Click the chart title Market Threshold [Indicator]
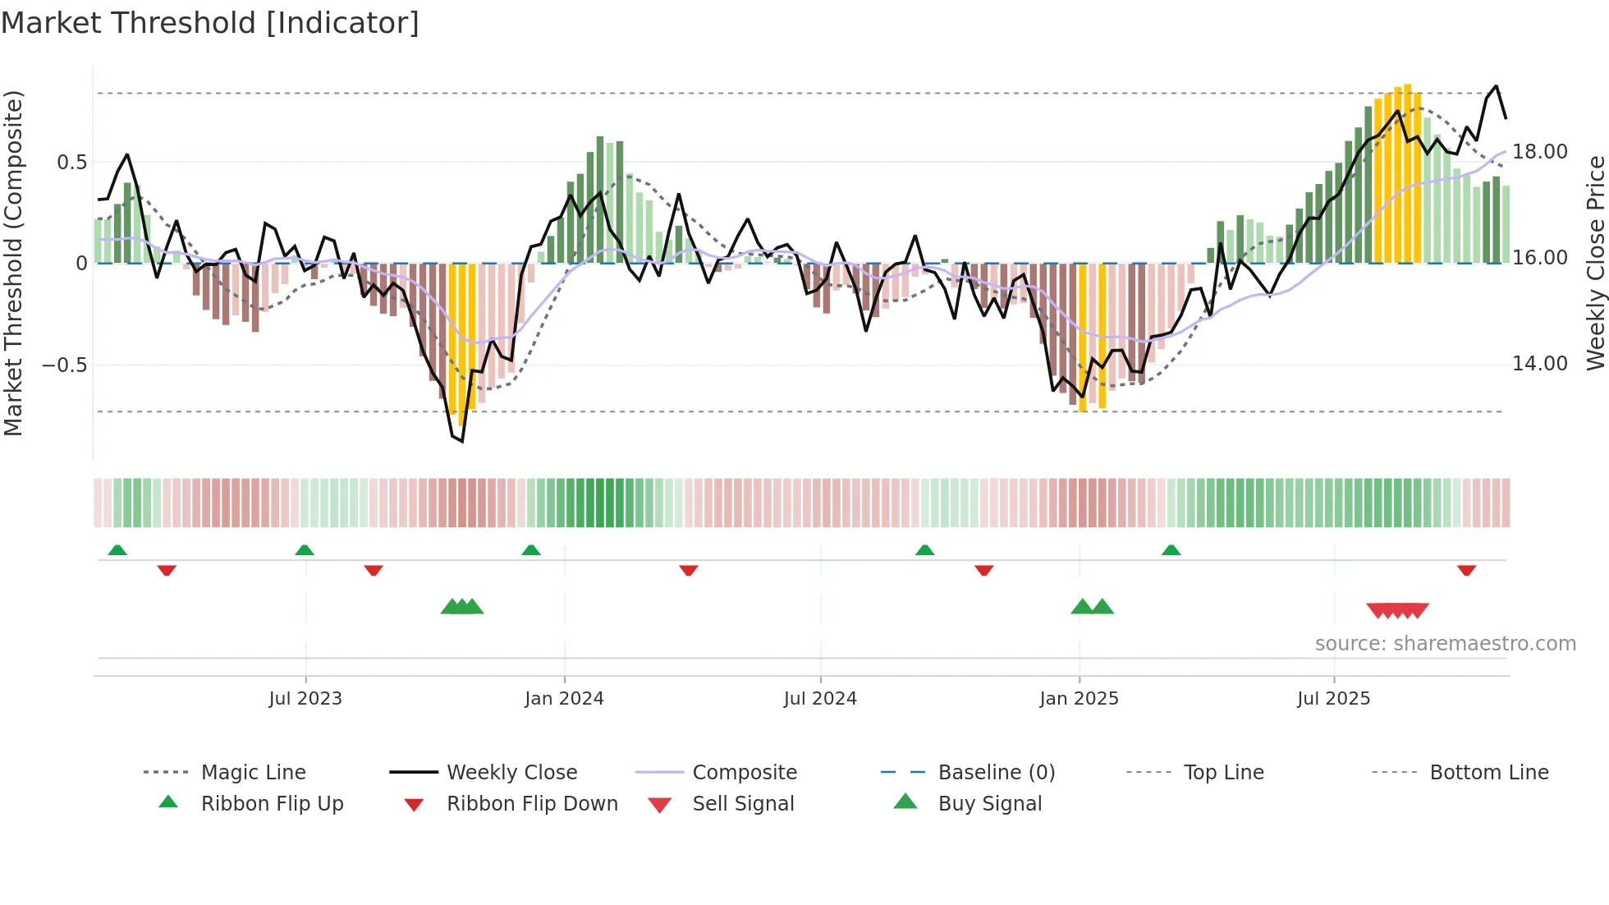tap(210, 23)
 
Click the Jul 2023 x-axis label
tap(305, 699)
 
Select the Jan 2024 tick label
tap(564, 699)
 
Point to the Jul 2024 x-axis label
tap(820, 699)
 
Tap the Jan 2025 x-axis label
tap(1079, 699)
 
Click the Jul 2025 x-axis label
tap(1334, 699)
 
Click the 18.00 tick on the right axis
tap(1540, 152)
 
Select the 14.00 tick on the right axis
tap(1540, 364)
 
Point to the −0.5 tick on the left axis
tap(65, 365)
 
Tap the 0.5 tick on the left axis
tap(72, 163)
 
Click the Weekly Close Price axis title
tap(1595, 263)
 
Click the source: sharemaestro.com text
tap(1445, 644)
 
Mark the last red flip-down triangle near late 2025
tap(1467, 570)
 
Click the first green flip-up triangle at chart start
tap(117, 550)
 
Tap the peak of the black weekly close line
tap(1497, 86)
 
